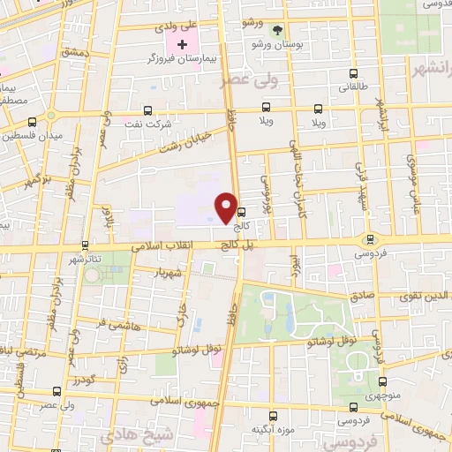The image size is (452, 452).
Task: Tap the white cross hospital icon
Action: [182, 44]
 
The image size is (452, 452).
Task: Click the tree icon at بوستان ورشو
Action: [279, 29]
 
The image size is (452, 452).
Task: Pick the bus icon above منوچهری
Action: [382, 382]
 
